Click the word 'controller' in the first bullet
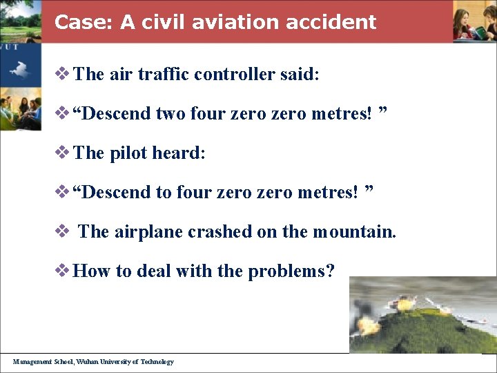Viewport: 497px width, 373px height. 236,74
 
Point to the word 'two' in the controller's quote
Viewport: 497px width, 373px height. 171,113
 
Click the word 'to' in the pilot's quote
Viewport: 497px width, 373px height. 164,192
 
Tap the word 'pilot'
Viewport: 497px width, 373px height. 128,153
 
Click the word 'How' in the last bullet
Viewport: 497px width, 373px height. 92,271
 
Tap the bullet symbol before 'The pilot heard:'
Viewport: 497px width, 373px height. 62,153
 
